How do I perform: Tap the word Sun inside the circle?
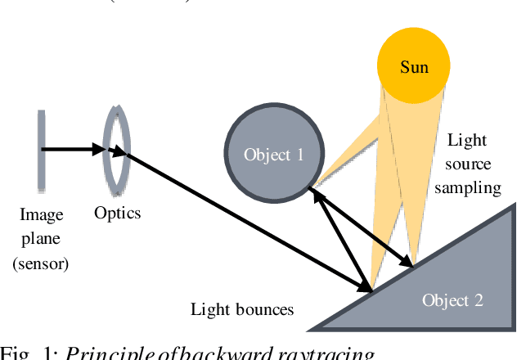click(414, 67)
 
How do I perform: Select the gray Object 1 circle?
click(272, 153)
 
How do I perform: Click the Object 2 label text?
click(452, 300)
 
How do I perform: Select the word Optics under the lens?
click(117, 214)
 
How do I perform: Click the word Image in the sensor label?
click(42, 216)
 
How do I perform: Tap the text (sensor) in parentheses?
click(42, 263)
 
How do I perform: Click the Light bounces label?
click(241, 309)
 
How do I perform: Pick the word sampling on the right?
click(467, 187)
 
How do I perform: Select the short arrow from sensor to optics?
click(74, 149)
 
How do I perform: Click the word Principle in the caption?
click(102, 353)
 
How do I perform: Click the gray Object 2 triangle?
click(458, 278)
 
